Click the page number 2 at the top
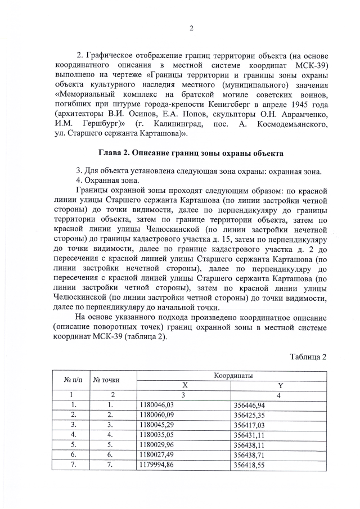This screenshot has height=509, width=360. pyautogui.click(x=191, y=29)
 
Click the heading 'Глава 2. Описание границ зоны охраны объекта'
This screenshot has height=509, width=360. pyautogui.click(x=191, y=153)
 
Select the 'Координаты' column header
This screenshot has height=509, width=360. pyautogui.click(x=233, y=375)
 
